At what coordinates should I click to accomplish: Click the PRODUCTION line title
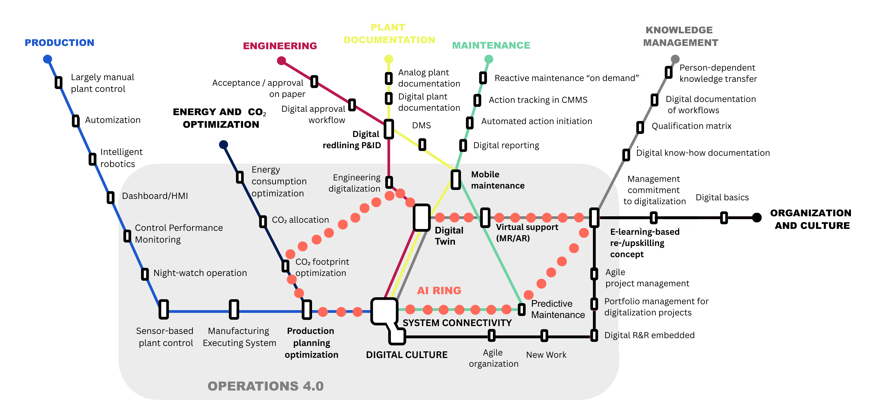tap(59, 43)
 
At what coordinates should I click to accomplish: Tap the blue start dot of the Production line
tap(48, 59)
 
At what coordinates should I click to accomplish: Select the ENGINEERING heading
tap(280, 46)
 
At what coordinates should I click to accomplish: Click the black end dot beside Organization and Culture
tap(757, 218)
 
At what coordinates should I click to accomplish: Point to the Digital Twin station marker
tap(421, 218)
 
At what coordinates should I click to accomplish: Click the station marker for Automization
tap(76, 121)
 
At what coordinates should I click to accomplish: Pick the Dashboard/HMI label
tap(155, 196)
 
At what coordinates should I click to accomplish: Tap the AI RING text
tap(439, 291)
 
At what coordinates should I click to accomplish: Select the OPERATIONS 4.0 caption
tap(266, 386)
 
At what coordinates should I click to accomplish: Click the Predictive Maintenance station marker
tap(522, 310)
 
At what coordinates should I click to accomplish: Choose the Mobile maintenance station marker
tap(456, 180)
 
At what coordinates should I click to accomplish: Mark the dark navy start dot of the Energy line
tap(223, 145)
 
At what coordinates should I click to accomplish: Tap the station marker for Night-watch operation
tap(145, 274)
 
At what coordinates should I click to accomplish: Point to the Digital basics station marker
tap(724, 218)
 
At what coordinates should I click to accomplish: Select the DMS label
tap(421, 126)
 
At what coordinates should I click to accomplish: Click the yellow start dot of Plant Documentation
tap(389, 59)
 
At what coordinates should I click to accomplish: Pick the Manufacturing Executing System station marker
tap(234, 310)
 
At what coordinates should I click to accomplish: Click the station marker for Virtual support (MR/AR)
tap(485, 218)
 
